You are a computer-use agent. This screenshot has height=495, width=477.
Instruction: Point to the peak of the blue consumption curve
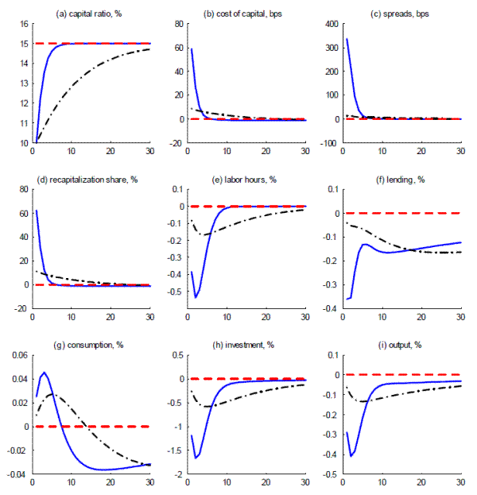click(x=45, y=372)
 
